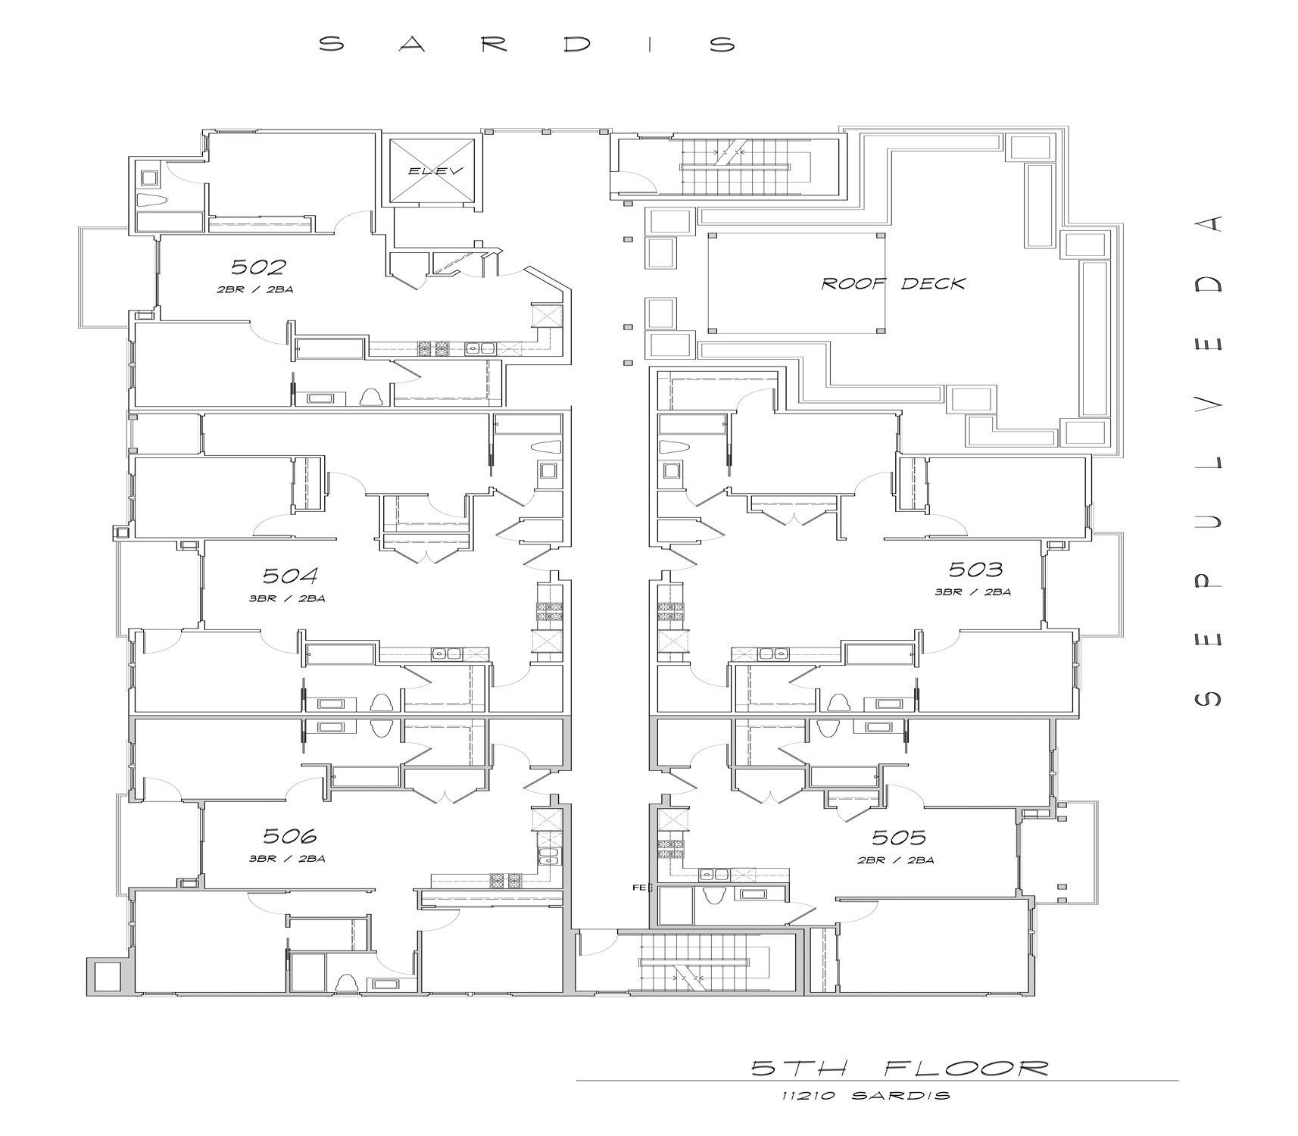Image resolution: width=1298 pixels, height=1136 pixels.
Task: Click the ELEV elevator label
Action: [x=435, y=171]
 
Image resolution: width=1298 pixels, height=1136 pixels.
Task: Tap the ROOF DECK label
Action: [x=894, y=283]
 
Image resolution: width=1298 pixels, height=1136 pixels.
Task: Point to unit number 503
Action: [x=976, y=569]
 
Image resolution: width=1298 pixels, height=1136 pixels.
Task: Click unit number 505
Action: [x=899, y=837]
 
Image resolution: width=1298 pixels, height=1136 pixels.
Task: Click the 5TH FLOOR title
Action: [x=900, y=1068]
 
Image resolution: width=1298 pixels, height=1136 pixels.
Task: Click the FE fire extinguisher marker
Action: [x=638, y=887]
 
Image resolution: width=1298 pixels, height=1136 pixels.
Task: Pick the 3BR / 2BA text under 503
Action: [x=973, y=592]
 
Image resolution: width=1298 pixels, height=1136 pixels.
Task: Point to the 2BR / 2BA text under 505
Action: [x=897, y=860]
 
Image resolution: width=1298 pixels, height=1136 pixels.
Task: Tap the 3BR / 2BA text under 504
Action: [x=289, y=598]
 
